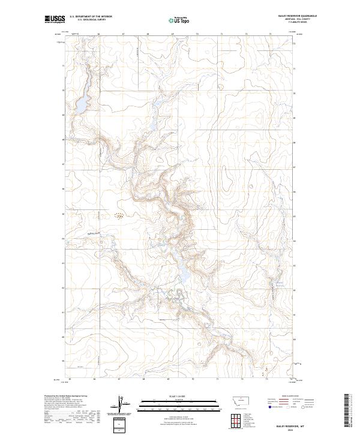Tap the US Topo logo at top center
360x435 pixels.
(x=179, y=20)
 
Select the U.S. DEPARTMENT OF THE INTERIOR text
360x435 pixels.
(x=91, y=15)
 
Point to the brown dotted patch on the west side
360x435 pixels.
(x=119, y=216)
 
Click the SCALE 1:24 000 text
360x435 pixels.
(x=179, y=396)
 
